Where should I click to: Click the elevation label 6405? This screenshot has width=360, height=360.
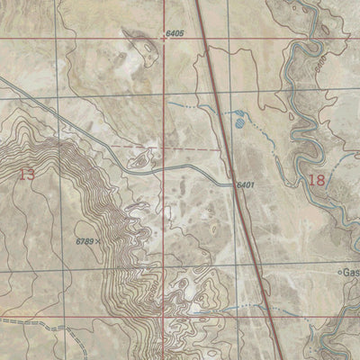[175, 33]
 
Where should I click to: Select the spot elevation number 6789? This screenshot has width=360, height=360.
[85, 240]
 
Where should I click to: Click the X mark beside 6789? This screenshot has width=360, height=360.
[98, 242]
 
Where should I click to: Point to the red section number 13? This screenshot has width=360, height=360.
[27, 174]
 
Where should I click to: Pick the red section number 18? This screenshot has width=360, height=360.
[315, 179]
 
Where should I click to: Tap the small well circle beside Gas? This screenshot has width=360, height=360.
[339, 271]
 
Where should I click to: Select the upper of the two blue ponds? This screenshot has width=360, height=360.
[239, 114]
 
